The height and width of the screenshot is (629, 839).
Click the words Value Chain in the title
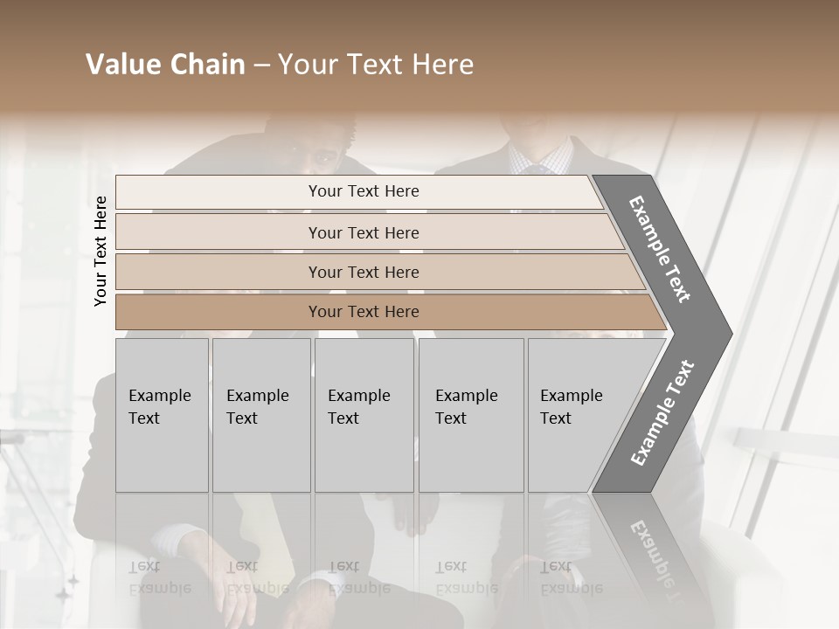tap(165, 65)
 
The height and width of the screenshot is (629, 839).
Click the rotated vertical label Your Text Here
tap(101, 251)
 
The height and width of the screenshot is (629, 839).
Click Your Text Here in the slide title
tap(376, 65)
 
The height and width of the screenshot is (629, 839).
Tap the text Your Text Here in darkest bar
tap(364, 312)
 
